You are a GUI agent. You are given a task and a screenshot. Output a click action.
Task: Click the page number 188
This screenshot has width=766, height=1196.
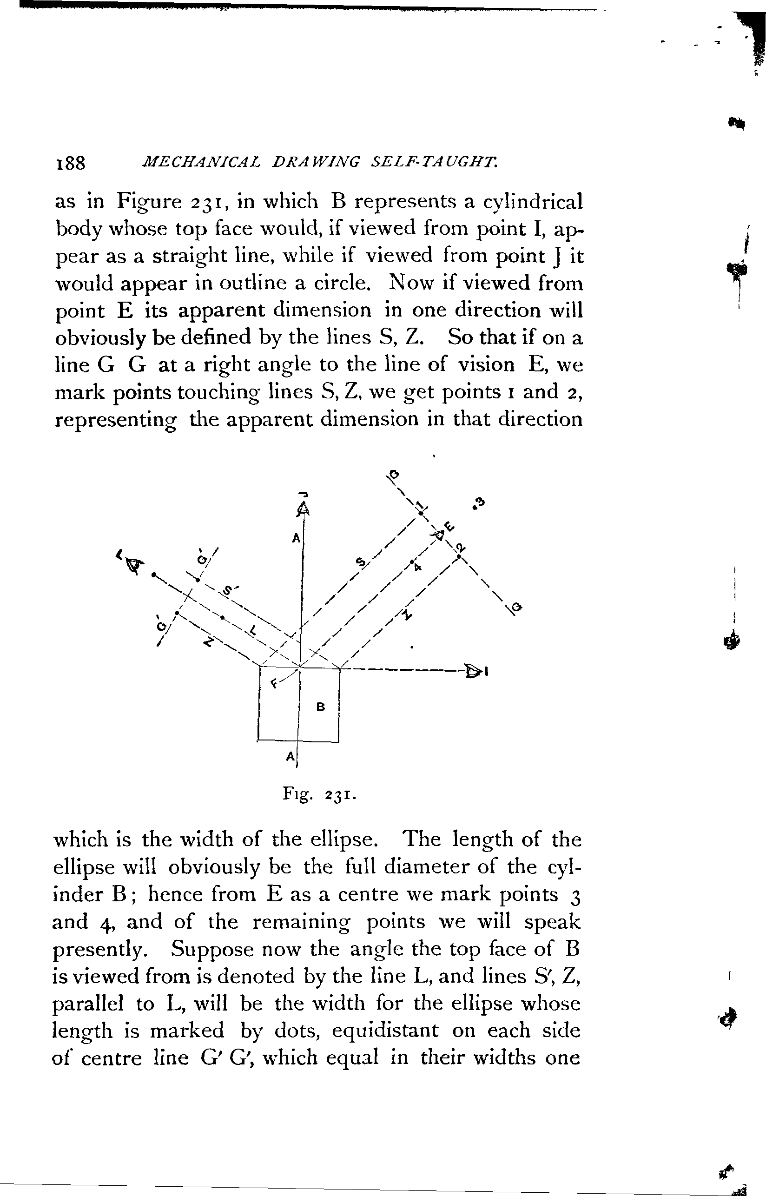pos(71,163)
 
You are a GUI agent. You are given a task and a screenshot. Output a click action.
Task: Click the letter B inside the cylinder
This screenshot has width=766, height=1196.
pos(321,706)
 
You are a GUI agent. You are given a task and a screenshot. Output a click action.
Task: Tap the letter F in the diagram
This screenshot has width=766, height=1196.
pos(274,684)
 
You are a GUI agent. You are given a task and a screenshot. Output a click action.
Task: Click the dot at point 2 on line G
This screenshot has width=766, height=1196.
pos(459,556)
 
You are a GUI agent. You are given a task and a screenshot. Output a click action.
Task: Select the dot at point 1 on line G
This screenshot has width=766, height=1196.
pos(420,514)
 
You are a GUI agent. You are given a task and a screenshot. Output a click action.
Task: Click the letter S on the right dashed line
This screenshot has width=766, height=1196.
pos(361,562)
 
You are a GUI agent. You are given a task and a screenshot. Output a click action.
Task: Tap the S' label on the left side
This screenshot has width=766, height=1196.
pos(229,591)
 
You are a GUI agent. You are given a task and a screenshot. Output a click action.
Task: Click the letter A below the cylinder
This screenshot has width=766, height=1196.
pos(290,756)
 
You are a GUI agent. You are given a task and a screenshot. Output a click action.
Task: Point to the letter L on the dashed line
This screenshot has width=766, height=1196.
pos(253,631)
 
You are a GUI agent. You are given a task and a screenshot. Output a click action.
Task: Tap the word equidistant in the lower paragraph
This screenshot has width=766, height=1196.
pos(385,1031)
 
